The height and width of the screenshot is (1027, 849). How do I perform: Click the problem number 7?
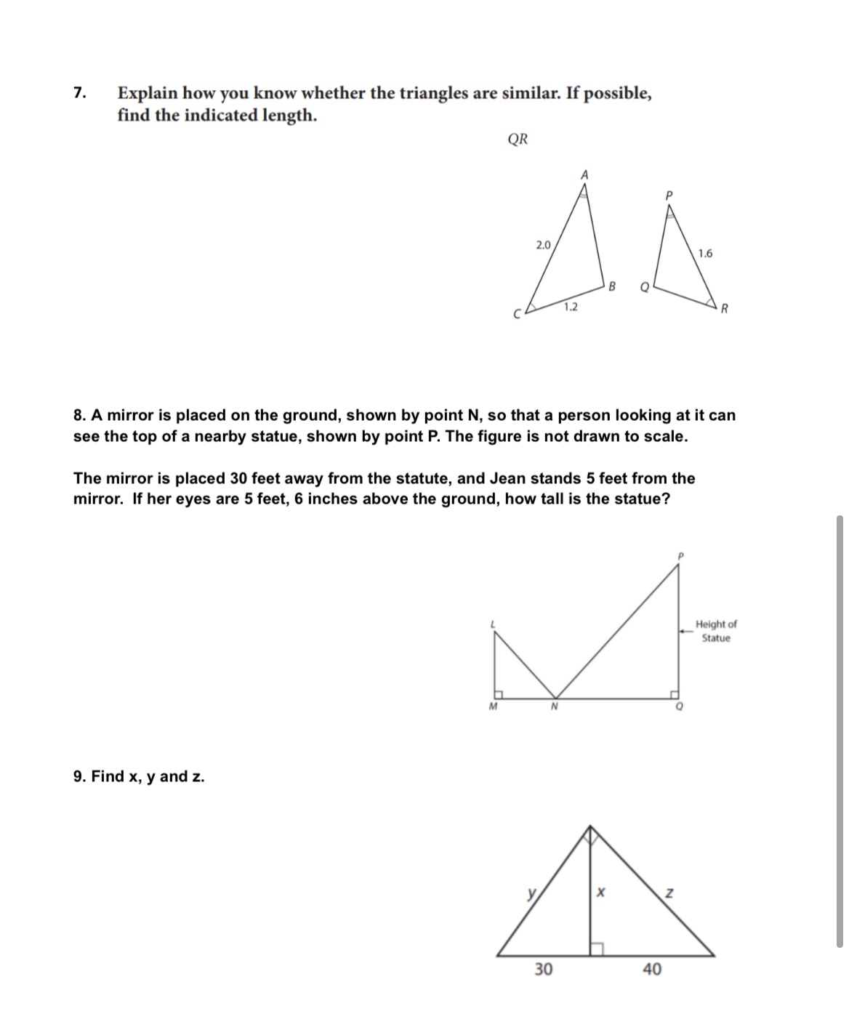(x=79, y=93)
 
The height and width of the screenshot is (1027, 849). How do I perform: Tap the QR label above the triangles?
(x=518, y=140)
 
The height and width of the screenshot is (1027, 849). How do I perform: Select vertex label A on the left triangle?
(x=583, y=174)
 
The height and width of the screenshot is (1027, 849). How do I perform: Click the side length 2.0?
(x=543, y=244)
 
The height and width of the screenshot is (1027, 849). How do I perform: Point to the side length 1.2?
(x=571, y=307)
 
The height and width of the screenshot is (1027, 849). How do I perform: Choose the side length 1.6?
(x=704, y=254)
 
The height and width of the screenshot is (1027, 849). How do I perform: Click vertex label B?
(x=612, y=286)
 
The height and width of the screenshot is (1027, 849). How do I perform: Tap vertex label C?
(x=518, y=315)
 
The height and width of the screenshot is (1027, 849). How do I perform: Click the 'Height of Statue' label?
(x=715, y=631)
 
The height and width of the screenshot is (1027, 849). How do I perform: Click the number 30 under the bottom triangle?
(x=543, y=969)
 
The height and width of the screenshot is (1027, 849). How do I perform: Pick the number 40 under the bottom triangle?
(x=651, y=969)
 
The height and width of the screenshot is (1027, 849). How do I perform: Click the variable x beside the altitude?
(x=600, y=891)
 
